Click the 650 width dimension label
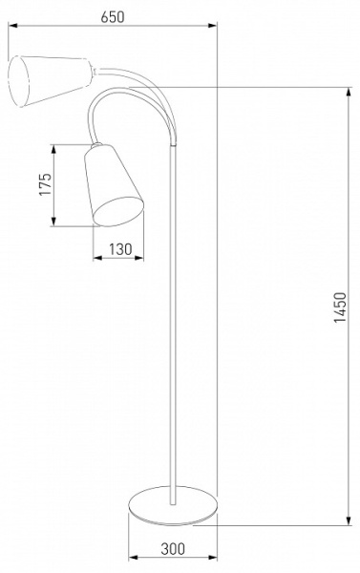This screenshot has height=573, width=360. (113, 17)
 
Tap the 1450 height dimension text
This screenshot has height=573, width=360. (340, 308)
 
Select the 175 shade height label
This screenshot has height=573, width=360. (45, 184)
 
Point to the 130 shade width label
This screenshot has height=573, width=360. (120, 249)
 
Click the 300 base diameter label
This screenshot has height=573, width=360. (173, 548)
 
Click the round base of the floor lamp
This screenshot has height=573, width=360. (173, 506)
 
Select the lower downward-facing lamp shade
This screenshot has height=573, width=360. (114, 185)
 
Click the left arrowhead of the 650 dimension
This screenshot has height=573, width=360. (12, 25)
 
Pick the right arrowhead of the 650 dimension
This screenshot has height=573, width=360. (213, 25)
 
